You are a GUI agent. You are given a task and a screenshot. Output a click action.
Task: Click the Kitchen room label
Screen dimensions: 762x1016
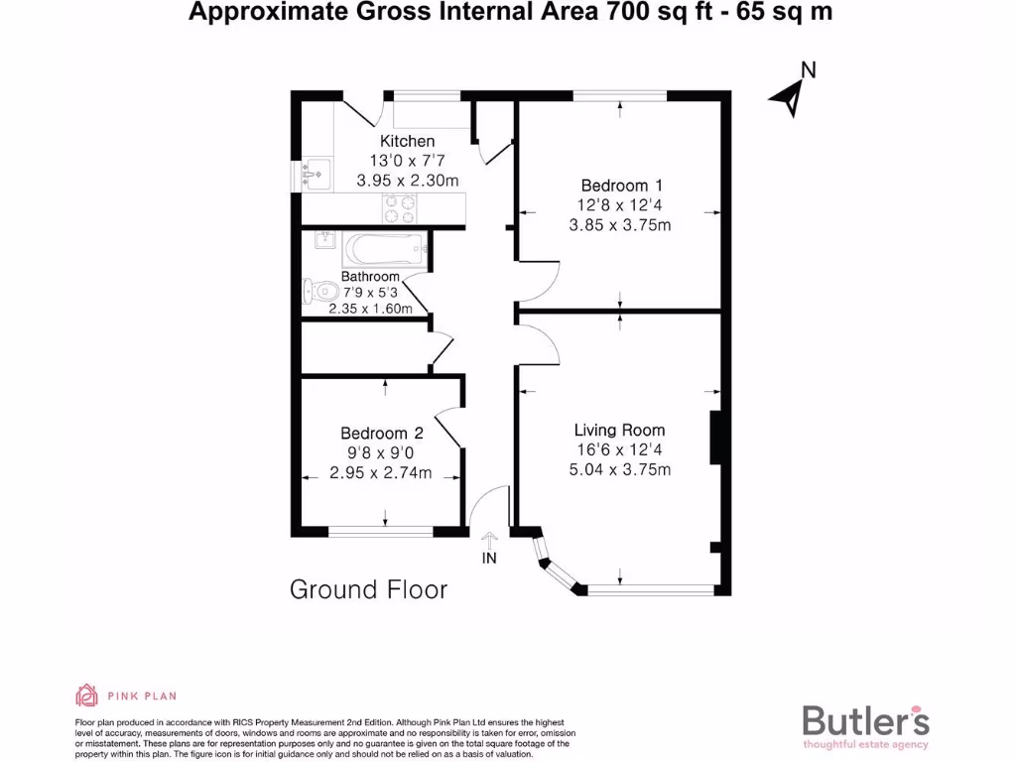(x=408, y=142)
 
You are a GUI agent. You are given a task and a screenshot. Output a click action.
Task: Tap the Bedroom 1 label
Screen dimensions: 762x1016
(x=621, y=186)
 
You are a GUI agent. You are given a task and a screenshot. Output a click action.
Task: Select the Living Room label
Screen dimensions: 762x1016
(x=619, y=431)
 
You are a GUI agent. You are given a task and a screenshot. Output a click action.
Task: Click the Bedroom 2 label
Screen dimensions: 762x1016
(x=382, y=434)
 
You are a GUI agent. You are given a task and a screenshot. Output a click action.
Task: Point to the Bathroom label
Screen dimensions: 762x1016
(x=370, y=277)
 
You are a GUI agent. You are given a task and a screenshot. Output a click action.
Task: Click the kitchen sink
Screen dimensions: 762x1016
(x=316, y=174)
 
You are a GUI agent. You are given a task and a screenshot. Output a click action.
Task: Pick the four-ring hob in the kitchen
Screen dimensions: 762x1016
(x=401, y=209)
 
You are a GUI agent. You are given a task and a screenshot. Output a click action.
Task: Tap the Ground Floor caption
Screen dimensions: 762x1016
(x=368, y=589)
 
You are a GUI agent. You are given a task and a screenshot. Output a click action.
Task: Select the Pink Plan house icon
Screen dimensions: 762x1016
(x=87, y=695)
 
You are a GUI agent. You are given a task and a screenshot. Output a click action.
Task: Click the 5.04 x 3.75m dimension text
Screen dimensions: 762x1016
(x=619, y=469)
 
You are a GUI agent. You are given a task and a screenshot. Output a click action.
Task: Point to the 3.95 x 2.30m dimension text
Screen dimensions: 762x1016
(x=408, y=181)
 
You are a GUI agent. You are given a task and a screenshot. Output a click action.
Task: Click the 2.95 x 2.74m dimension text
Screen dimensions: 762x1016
(x=382, y=472)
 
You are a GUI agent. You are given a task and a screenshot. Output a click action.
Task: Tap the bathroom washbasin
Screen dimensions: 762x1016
(x=322, y=240)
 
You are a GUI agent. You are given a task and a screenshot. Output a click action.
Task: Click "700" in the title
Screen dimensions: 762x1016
(x=627, y=12)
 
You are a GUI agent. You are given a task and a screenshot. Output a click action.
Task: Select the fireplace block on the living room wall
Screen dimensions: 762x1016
(x=713, y=438)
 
